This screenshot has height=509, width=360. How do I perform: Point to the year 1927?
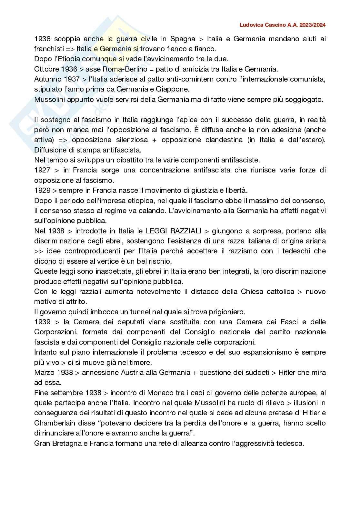[42, 170]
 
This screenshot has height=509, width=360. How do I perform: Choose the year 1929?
[42, 190]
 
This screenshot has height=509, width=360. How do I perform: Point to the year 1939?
[42, 322]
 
